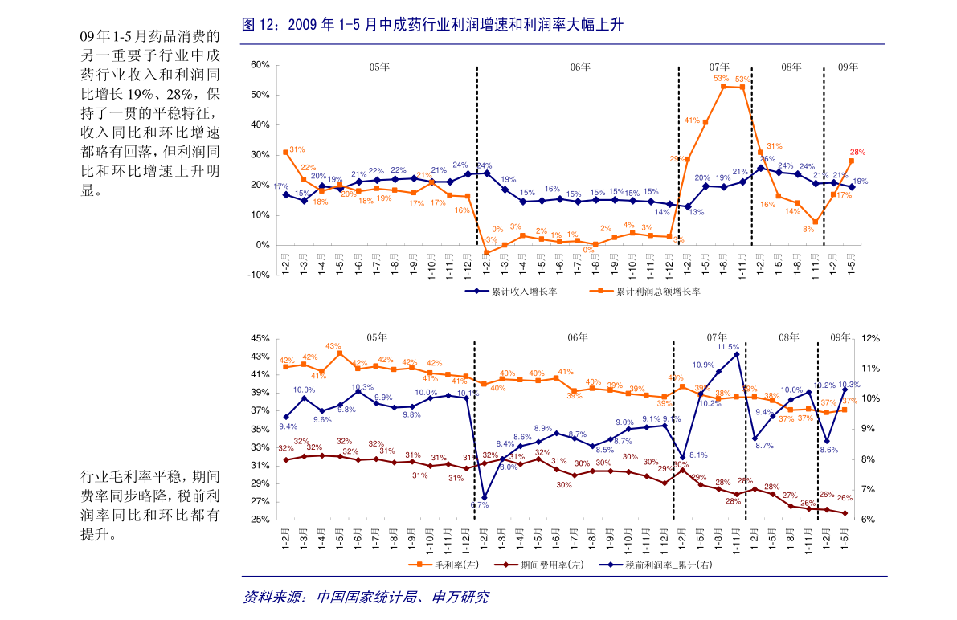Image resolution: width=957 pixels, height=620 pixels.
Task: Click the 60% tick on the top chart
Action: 260,64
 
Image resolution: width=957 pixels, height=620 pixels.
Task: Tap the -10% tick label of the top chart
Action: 260,275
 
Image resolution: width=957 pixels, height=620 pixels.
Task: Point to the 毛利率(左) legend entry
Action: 455,565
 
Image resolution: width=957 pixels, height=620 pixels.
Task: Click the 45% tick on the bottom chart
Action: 260,338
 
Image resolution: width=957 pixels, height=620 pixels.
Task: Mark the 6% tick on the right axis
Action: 869,520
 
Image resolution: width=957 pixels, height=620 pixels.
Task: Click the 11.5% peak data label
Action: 727,347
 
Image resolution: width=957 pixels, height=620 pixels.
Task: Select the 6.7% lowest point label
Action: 480,505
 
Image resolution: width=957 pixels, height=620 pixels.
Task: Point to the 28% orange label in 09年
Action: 857,152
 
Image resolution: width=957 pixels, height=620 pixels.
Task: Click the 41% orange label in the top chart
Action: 692,120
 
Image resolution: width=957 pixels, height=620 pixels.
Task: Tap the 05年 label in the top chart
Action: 379,67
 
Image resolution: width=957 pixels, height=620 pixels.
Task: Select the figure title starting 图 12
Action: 431,27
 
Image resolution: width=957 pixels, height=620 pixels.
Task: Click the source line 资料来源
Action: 366,597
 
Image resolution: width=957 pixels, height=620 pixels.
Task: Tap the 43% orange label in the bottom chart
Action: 333,346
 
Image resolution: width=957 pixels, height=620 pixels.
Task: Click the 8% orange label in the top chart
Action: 809,229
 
